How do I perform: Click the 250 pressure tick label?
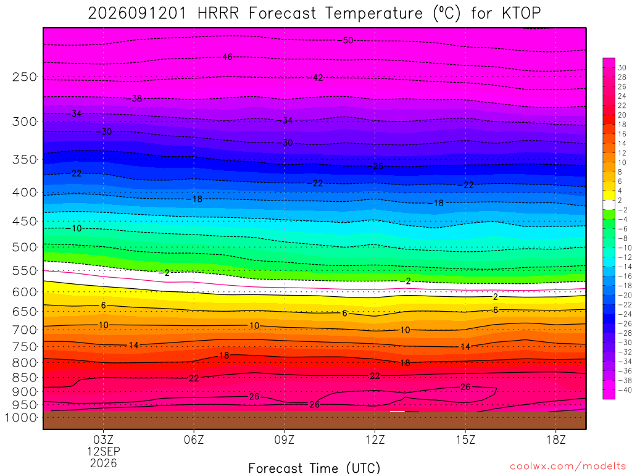pos(25,77)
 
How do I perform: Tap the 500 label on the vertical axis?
pos(25,247)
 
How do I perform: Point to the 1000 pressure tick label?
pos(21,418)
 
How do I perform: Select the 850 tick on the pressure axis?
pos(25,378)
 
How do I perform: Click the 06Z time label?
pos(194,439)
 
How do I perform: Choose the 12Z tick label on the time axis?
pos(375,439)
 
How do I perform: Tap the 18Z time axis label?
pos(556,439)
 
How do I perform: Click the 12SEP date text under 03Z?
pos(104,451)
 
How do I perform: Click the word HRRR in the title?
pos(218,14)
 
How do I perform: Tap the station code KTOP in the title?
pos(521,14)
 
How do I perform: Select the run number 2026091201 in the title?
pos(137,14)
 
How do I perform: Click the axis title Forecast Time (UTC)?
pos(314,468)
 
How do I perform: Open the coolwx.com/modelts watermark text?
pos(568,467)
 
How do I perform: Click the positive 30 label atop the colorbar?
pos(622,68)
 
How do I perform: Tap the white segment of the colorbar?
pos(609,205)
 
